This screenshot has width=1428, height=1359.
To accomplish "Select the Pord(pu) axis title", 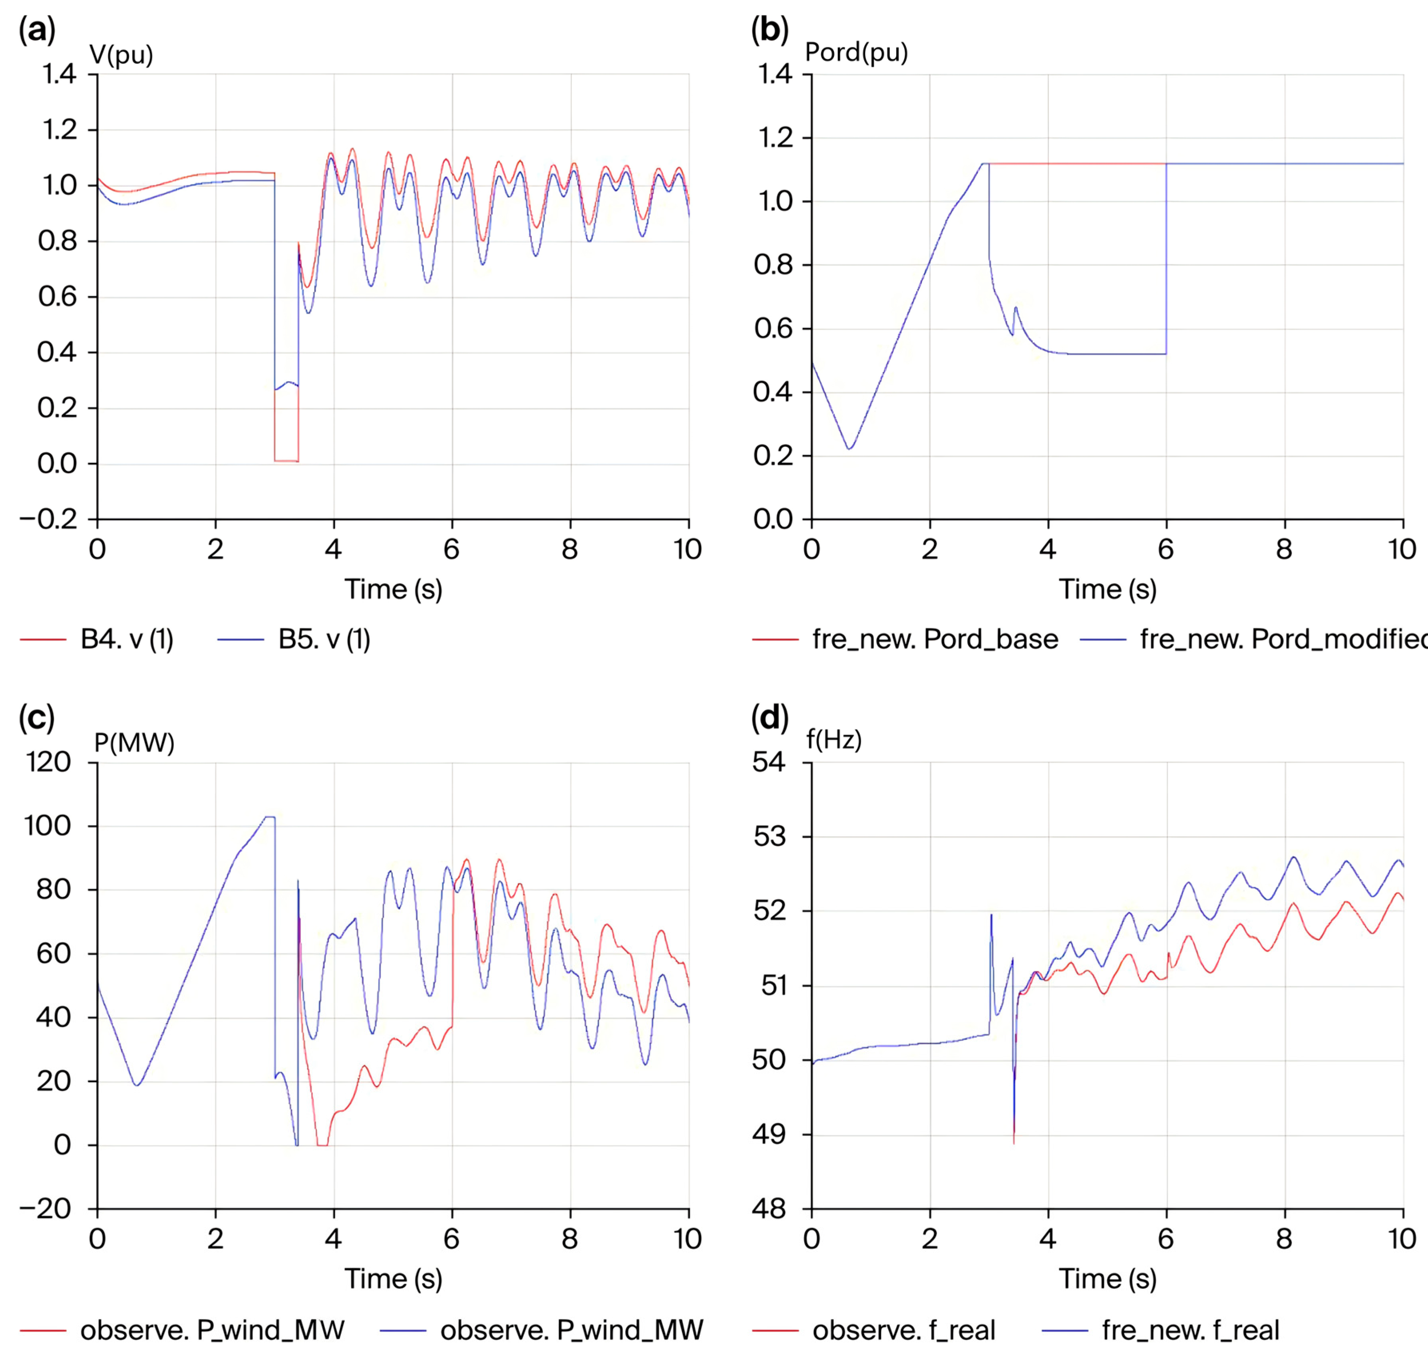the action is [x=856, y=52].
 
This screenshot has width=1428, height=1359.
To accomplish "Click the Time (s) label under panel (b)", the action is [x=1108, y=589].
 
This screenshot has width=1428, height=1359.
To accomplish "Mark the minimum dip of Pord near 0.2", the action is [x=849, y=449].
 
